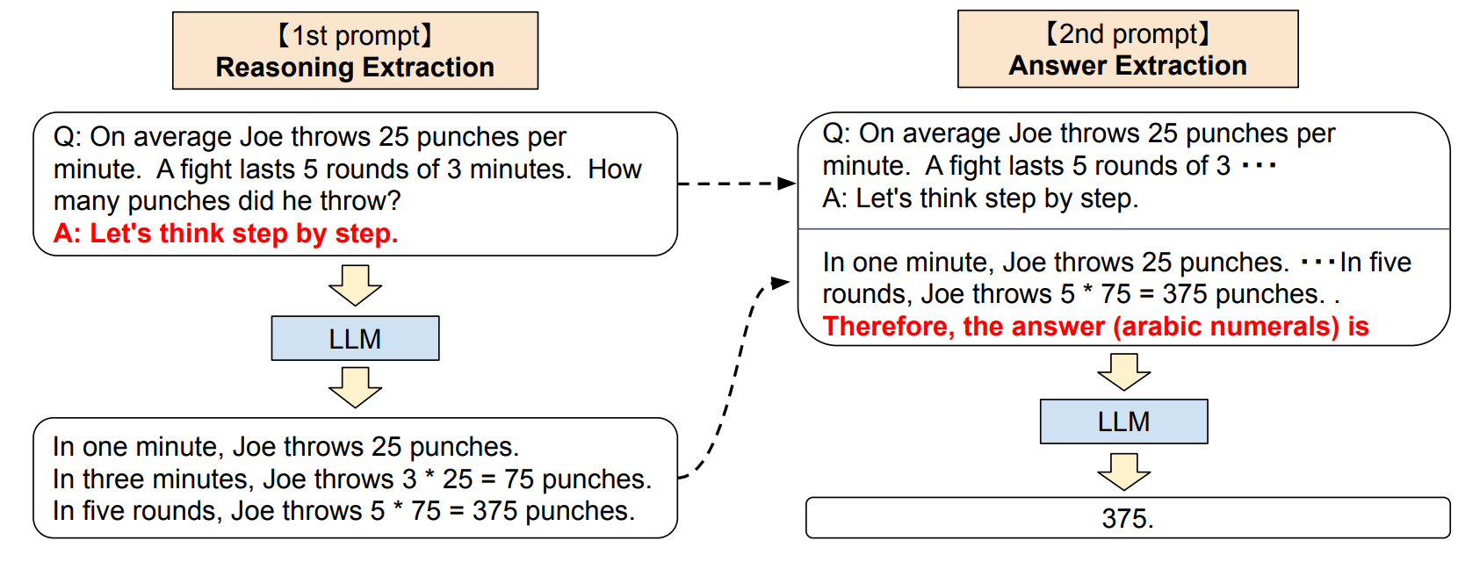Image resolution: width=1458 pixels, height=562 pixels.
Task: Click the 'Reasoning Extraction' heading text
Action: click(x=355, y=68)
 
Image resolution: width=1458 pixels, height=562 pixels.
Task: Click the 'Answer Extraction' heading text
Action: click(x=1128, y=66)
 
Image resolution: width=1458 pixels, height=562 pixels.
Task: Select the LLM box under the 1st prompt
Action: click(x=355, y=338)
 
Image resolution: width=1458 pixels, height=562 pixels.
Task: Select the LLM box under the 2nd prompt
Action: click(x=1123, y=421)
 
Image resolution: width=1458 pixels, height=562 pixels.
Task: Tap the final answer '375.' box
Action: click(x=1128, y=518)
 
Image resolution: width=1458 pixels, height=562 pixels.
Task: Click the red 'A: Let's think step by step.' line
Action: click(x=226, y=234)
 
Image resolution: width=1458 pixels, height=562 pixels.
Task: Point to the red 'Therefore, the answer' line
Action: click(x=1095, y=327)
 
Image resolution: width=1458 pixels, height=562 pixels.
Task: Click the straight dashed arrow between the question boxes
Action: click(x=736, y=184)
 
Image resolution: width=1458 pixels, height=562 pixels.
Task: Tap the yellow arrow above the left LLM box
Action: click(x=355, y=285)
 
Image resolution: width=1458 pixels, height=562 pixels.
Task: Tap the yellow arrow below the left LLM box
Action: click(x=355, y=387)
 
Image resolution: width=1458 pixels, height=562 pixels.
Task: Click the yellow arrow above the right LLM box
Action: click(x=1123, y=372)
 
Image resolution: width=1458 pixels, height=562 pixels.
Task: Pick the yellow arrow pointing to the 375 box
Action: click(x=1123, y=472)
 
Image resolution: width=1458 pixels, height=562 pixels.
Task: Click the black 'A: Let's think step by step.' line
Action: click(x=980, y=198)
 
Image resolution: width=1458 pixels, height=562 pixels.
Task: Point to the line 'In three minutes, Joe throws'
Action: click(x=351, y=479)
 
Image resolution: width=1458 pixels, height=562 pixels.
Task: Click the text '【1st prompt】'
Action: click(x=355, y=36)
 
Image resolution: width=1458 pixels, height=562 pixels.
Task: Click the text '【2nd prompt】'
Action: click(x=1128, y=34)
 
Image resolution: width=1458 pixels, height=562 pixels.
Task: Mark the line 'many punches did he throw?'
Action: click(x=227, y=201)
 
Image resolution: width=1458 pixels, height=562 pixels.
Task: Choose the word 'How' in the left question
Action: click(x=615, y=169)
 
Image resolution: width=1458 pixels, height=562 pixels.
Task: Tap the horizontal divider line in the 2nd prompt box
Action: click(x=1123, y=229)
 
